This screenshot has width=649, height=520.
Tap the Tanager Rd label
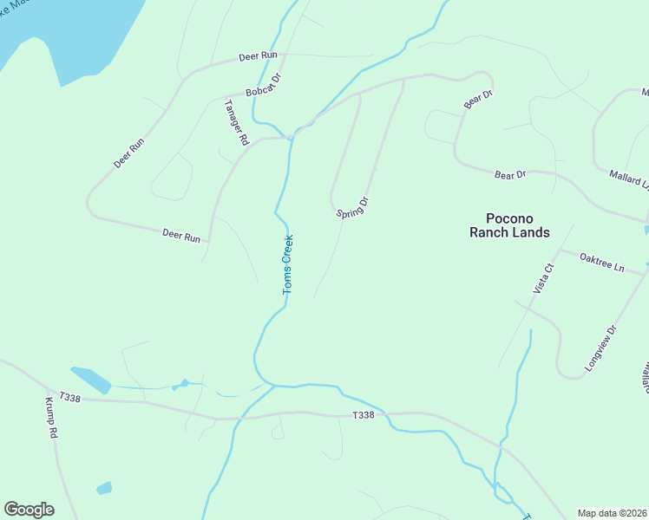pos(236,122)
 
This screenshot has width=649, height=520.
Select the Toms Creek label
pos(288,264)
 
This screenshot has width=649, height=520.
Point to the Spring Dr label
pos(353,208)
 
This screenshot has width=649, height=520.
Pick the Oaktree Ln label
pos(601,262)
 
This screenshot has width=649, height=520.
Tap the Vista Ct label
pos(543,278)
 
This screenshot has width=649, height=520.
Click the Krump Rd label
pos(51,418)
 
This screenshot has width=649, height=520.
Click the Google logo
pos(29,510)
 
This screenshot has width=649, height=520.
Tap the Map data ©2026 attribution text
pos(613,513)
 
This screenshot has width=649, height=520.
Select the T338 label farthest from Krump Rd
pos(364,416)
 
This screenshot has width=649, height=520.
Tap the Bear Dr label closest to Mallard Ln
pos(510,175)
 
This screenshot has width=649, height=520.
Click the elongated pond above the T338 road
pos(91,379)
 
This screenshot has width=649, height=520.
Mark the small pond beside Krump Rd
pos(104,488)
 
